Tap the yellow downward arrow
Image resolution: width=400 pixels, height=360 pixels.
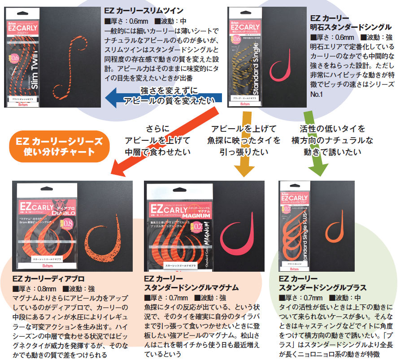click(243, 148)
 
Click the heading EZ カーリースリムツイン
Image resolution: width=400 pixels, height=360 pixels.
click(143, 10)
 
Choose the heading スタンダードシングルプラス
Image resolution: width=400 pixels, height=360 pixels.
click(323, 287)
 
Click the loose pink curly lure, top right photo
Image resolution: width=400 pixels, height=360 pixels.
click(283, 63)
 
